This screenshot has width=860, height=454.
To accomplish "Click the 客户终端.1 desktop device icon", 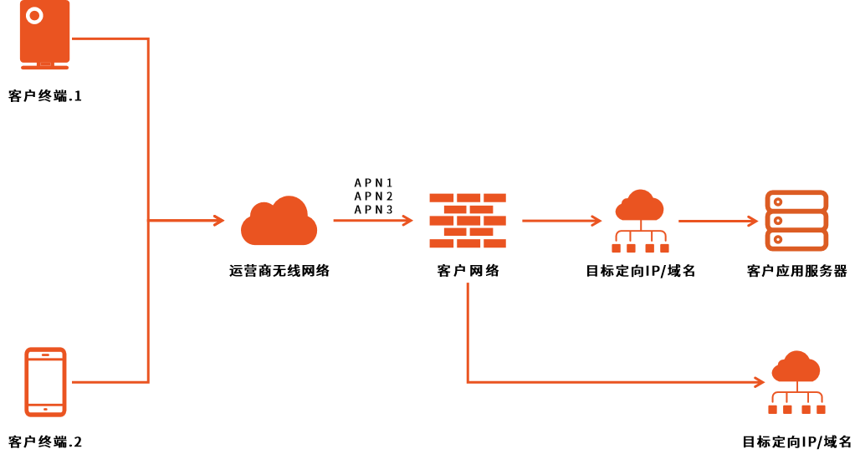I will pyautogui.click(x=45, y=33).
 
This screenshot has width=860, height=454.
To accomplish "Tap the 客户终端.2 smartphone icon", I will pyautogui.click(x=46, y=381).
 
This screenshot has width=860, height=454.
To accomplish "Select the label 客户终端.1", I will pyautogui.click(x=45, y=96).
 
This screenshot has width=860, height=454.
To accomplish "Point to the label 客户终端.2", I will pyautogui.click(x=45, y=441).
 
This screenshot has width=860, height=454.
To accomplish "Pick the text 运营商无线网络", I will pyautogui.click(x=279, y=271).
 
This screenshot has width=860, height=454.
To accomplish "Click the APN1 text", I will pyautogui.click(x=373, y=182).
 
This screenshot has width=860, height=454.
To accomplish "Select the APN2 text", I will pyautogui.click(x=373, y=196).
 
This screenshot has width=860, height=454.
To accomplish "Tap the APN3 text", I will pyautogui.click(x=373, y=209).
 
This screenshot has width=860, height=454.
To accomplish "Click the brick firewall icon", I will pyautogui.click(x=468, y=221).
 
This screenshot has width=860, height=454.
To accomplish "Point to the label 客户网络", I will pyautogui.click(x=468, y=271).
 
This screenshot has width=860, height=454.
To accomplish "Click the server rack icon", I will pyautogui.click(x=796, y=221).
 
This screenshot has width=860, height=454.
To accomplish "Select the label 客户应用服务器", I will pyautogui.click(x=796, y=271).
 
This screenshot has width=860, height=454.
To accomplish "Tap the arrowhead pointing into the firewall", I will pyautogui.click(x=408, y=221).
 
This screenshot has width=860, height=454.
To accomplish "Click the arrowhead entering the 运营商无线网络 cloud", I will pyautogui.click(x=219, y=221).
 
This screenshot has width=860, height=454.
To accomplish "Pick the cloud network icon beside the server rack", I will pyautogui.click(x=640, y=221).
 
